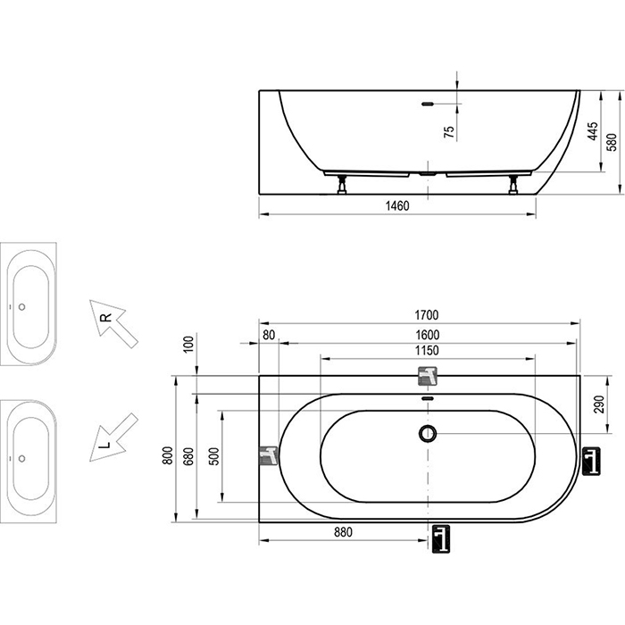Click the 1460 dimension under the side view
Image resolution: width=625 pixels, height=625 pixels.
397,206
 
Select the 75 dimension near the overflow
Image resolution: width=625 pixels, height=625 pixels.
449,130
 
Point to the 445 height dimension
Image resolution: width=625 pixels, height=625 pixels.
592,132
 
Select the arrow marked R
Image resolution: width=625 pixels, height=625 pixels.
113,323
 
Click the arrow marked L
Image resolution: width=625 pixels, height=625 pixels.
113,437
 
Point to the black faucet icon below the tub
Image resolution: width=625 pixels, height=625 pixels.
439,537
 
